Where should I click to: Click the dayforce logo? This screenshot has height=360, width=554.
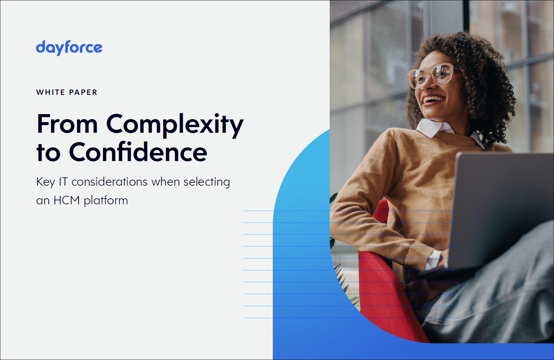69,48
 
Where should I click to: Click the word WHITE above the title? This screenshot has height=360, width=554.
51,92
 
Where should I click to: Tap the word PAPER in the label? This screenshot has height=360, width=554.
83,92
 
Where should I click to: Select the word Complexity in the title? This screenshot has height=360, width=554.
175,125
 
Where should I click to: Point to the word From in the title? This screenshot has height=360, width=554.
67,124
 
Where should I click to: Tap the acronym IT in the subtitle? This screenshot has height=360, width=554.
63,182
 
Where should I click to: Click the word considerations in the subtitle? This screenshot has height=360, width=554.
110,182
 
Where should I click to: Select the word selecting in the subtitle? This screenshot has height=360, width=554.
207,182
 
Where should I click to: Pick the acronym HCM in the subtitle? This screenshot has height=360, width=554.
67,200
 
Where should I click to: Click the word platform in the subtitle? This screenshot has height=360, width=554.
106,201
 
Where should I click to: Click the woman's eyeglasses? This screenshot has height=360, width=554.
431,75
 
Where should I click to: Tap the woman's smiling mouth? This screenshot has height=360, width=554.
433,100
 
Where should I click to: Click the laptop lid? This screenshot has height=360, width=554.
500,210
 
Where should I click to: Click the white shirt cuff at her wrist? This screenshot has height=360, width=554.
433,260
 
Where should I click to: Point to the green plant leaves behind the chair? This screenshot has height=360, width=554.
343,279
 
